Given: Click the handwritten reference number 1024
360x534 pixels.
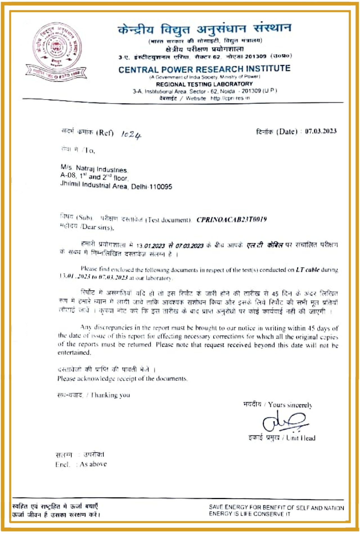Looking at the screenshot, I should tap(131, 135).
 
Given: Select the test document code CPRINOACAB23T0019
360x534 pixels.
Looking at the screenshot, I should tap(231, 220).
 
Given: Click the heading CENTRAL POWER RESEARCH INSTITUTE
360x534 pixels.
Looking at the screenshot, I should tap(204, 69).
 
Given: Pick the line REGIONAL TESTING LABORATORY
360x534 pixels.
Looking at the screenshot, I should tap(204, 84).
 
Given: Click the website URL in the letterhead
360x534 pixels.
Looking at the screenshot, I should tap(230, 98).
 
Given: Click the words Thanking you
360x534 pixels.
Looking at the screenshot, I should tap(111, 395).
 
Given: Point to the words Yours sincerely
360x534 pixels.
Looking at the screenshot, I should tap(290, 405).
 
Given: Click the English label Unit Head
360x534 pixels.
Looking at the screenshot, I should tap(301, 438).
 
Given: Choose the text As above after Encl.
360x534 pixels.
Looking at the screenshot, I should tap(93, 464).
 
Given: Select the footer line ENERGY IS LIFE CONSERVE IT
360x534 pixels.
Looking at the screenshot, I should tap(249, 514).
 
